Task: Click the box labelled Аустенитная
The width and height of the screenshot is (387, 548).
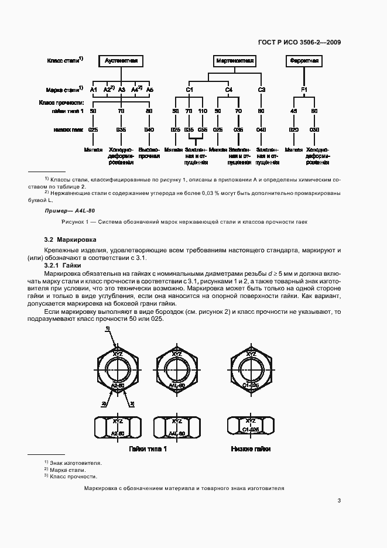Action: click(121, 60)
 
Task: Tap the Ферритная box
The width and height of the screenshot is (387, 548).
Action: click(304, 60)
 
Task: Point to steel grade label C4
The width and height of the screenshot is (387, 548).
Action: click(228, 89)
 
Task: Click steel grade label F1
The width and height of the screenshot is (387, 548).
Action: click(304, 89)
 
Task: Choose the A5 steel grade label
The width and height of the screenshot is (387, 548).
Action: click(149, 89)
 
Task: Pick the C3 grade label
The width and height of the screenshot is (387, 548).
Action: click(262, 89)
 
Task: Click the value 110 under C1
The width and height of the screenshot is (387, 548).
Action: click(203, 111)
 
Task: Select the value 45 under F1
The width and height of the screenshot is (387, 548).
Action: click(294, 111)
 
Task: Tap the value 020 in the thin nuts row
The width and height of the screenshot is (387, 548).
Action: click(294, 129)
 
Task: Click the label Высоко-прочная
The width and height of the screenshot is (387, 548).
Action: click(149, 153)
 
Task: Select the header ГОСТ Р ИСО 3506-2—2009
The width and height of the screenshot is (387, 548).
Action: click(300, 42)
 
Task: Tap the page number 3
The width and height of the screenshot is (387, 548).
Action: click(339, 500)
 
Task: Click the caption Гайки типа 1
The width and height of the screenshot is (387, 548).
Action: click(148, 448)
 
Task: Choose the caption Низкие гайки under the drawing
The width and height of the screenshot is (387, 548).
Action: click(251, 448)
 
